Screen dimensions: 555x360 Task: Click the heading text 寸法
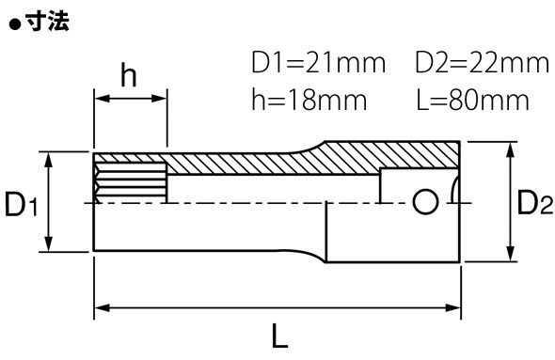48,22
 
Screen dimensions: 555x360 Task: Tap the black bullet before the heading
15,24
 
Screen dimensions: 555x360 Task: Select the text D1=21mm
318,63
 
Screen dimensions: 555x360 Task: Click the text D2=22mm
482,63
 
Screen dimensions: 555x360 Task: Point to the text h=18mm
309,100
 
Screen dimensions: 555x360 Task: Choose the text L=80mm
472,100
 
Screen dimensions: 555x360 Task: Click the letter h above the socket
129,75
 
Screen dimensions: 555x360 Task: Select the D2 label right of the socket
534,202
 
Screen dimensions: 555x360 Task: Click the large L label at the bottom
279,337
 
